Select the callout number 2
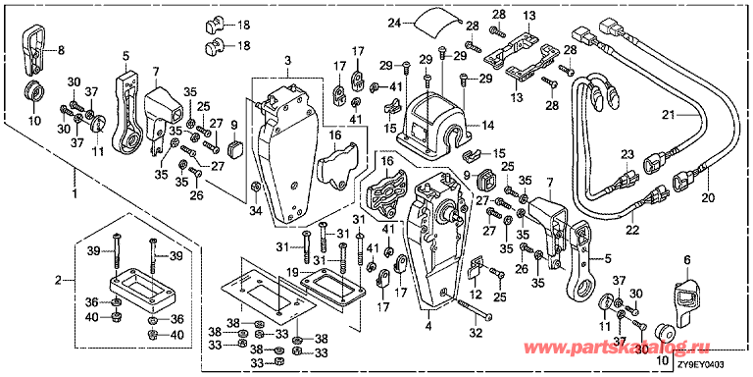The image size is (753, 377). click(57, 281)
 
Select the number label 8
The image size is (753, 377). click(62, 49)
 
